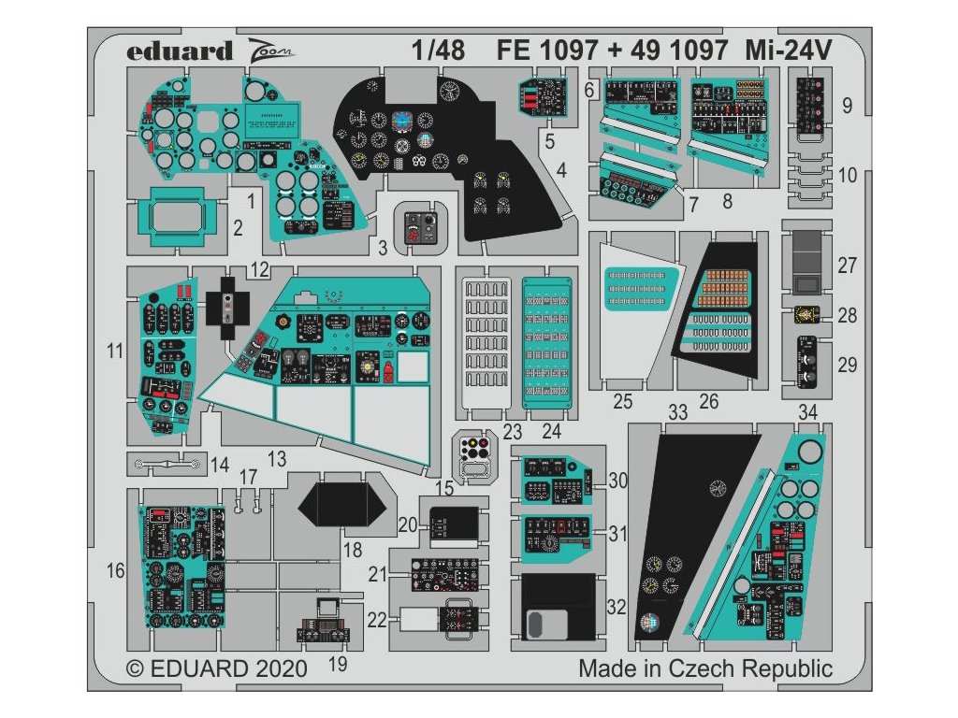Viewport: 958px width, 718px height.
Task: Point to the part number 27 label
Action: pyautogui.click(x=847, y=266)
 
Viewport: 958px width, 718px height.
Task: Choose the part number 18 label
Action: pyautogui.click(x=352, y=550)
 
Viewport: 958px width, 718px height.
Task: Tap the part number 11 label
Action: pyautogui.click(x=115, y=352)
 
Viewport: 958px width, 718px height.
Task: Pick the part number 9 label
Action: pyautogui.click(x=847, y=107)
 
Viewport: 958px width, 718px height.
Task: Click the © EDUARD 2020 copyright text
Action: pyautogui.click(x=216, y=669)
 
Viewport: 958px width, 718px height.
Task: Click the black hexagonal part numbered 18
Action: pyautogui.click(x=343, y=507)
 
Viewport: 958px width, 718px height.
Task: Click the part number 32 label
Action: pyautogui.click(x=615, y=607)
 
